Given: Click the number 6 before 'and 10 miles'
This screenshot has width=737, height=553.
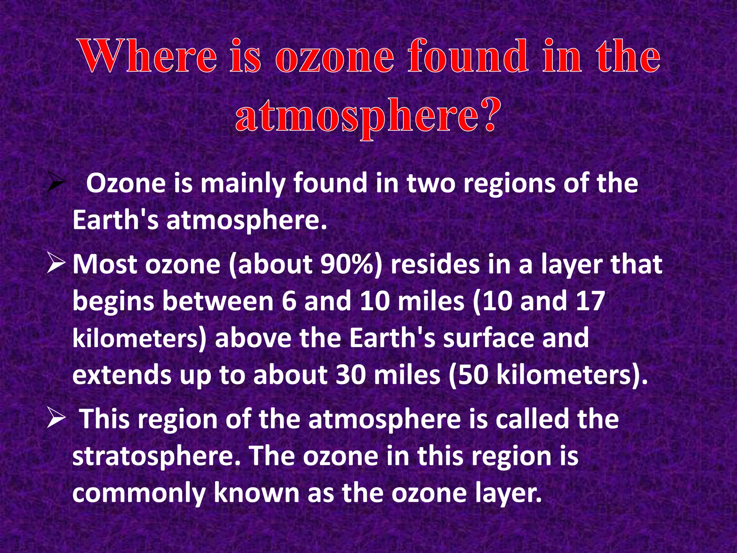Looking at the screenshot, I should click(x=289, y=302).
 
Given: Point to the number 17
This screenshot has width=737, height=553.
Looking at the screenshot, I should click(x=590, y=302).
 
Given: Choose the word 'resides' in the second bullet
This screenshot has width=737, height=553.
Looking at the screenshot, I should click(x=435, y=265).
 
